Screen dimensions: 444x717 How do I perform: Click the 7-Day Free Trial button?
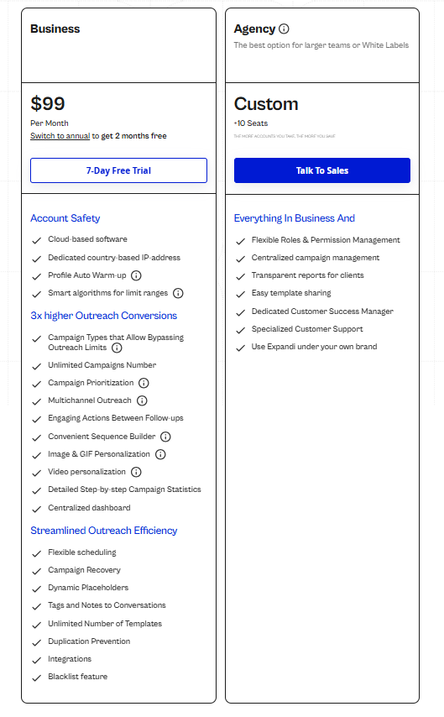[x=118, y=170]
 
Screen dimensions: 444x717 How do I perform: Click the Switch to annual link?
[x=60, y=136]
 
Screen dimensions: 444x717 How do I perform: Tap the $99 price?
[x=48, y=104]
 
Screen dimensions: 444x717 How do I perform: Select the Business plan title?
[x=55, y=29]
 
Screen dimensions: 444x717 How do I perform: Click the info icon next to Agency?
[x=285, y=29]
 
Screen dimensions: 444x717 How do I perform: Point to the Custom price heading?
[x=266, y=104]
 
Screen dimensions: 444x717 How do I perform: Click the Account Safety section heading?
[x=65, y=218]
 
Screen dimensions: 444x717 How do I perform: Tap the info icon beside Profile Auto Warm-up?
[x=136, y=275]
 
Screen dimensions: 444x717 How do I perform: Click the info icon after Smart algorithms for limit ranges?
[x=178, y=293]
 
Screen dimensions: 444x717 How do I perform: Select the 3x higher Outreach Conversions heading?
[x=103, y=316]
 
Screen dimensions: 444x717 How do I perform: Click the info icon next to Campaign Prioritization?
[x=144, y=383]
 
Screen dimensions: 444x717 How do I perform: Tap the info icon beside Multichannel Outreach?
[x=142, y=400]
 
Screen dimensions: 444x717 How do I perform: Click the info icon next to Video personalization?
[x=136, y=472]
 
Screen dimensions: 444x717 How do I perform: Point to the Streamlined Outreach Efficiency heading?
[x=103, y=531]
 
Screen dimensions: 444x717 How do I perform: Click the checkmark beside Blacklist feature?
[x=36, y=678]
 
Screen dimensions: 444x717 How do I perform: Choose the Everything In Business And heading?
[x=294, y=218]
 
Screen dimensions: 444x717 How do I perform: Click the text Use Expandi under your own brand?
[x=314, y=347]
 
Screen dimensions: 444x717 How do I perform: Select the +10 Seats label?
[x=250, y=123]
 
